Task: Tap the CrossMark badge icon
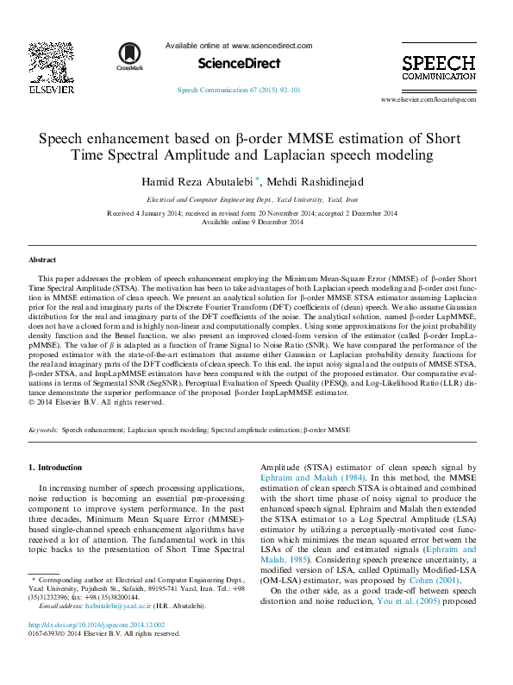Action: [130, 56]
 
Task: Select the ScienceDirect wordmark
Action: [239, 63]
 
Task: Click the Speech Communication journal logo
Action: [438, 68]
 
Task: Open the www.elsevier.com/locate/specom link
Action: [440, 100]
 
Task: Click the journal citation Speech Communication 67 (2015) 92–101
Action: [239, 90]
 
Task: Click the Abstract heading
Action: [42, 260]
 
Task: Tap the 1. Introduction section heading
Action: [56, 468]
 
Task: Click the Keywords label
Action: [43, 429]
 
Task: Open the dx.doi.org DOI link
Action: [96, 625]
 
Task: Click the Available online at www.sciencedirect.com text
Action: [239, 46]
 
